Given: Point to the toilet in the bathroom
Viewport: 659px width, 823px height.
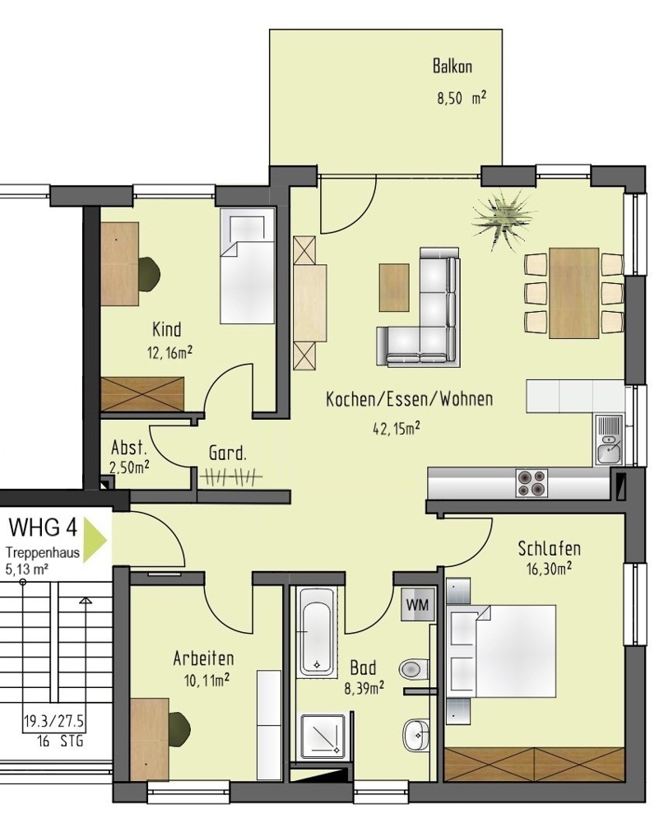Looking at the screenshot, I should tap(413, 667).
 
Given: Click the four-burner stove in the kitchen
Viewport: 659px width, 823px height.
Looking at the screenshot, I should tap(531, 482).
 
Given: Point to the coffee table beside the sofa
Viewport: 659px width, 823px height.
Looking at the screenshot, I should tap(394, 286).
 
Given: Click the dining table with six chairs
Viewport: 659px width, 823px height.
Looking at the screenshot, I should tap(573, 292).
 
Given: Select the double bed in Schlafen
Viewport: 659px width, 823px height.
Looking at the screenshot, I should tap(506, 651).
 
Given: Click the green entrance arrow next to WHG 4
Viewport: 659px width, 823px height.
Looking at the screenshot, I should tap(97, 538).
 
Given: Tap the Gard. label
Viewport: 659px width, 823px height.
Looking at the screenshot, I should tap(227, 453).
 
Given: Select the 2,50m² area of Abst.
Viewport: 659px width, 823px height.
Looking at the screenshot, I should tap(130, 467).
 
